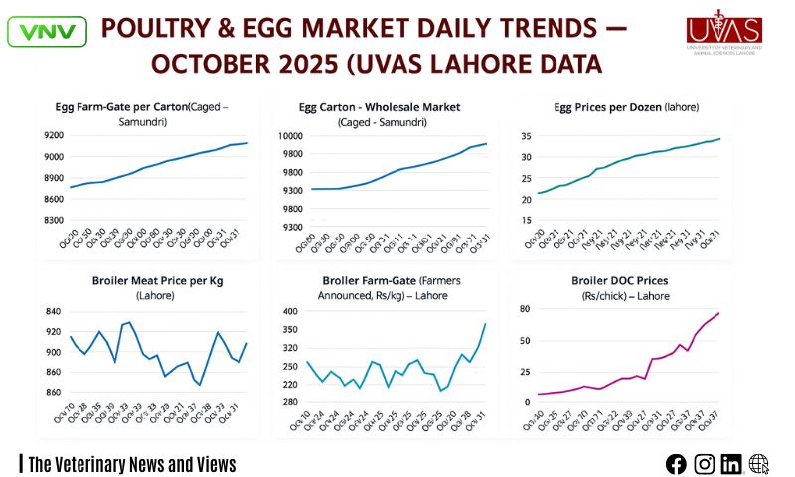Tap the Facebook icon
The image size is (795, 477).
pos(676,463)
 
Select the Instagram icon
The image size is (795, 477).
pos(704,463)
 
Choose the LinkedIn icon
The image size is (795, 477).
pos(731,463)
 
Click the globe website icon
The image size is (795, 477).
pos(759,463)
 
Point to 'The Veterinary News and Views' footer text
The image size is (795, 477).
pos(131,464)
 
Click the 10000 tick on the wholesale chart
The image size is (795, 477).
pos(289,135)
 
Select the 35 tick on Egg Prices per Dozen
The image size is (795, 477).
pos(527,135)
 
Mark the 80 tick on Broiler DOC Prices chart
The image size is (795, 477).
pos(527,309)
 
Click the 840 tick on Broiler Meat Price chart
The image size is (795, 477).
pos(52,311)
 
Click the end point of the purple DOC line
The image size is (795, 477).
pos(719,313)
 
